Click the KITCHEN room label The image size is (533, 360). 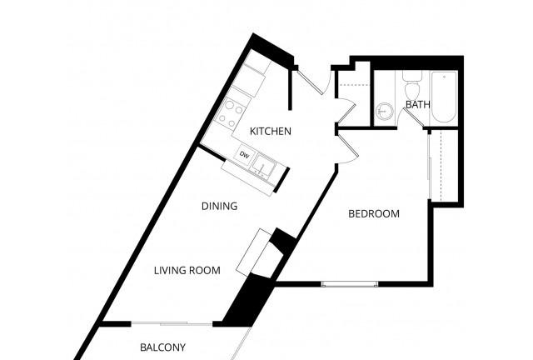tap(271, 131)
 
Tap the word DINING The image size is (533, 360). tap(220, 206)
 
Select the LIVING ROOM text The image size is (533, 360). tap(187, 270)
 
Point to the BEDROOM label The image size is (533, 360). tap(373, 214)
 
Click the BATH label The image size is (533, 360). tap(417, 104)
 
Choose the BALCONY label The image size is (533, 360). tap(162, 347)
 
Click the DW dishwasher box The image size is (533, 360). tap(244, 155)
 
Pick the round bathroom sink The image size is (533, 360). tap(385, 111)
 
